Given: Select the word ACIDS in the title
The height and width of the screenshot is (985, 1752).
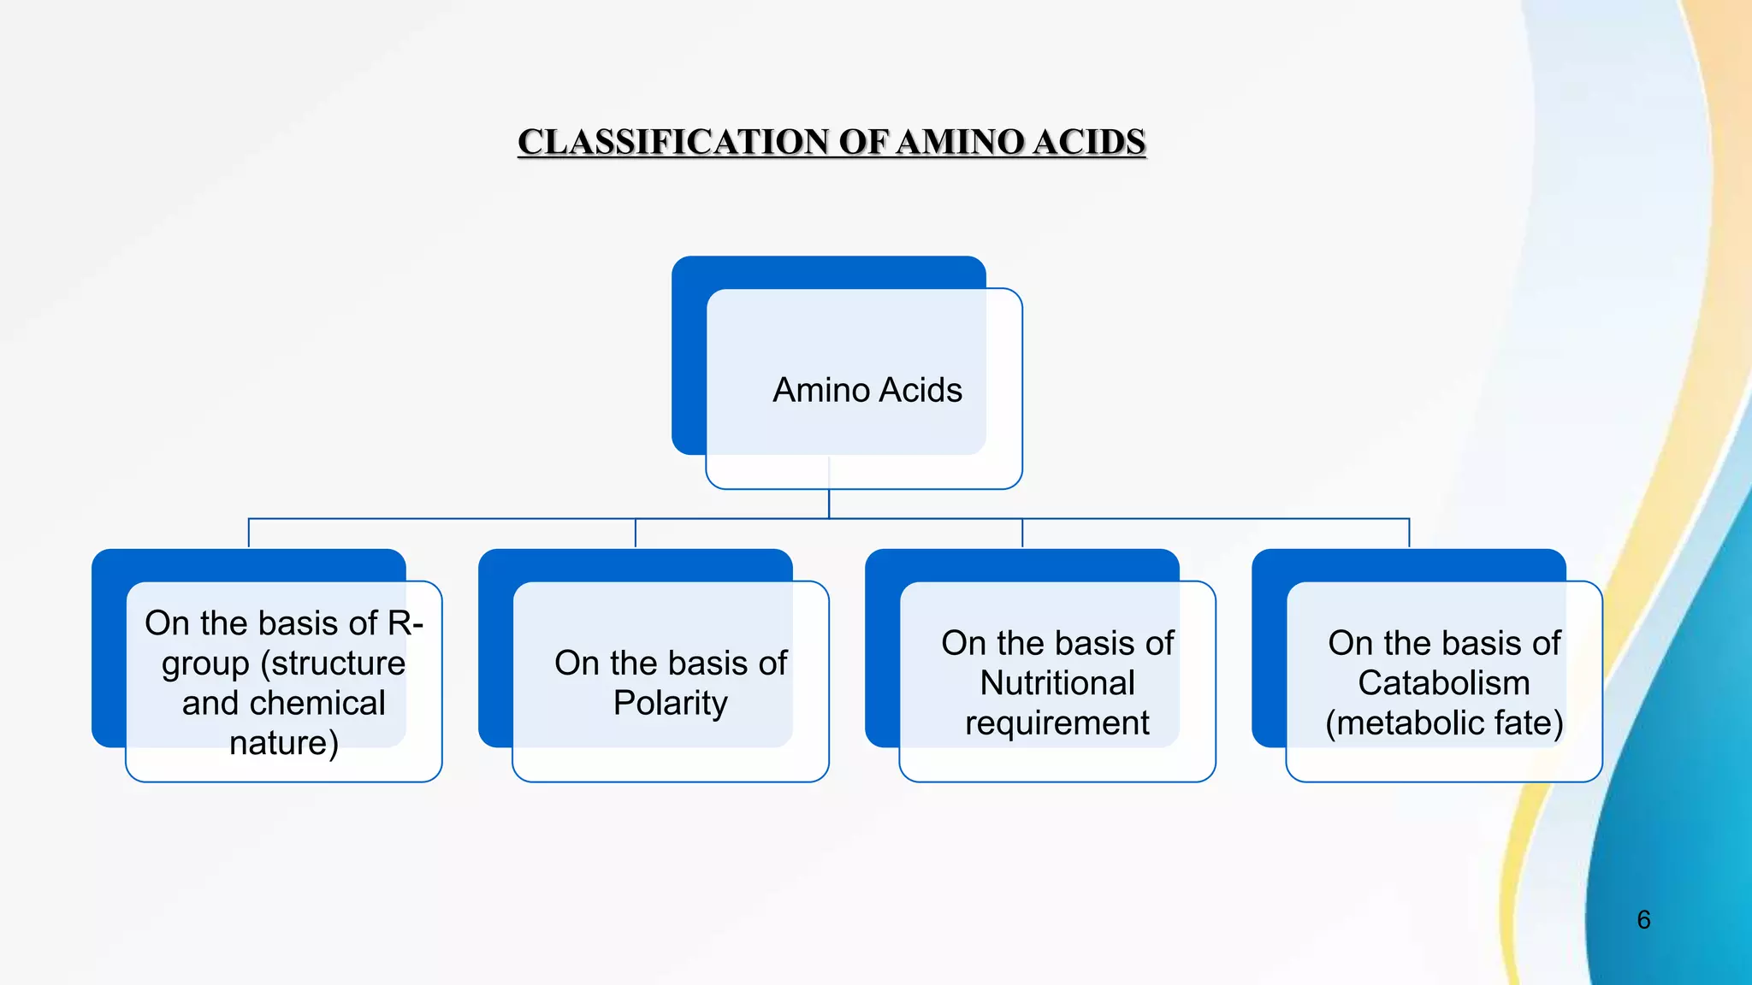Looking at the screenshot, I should click(x=1088, y=142).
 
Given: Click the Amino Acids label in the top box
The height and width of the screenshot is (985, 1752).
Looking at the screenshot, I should click(x=867, y=390).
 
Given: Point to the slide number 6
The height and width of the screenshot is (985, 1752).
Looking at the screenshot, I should click(x=1643, y=920).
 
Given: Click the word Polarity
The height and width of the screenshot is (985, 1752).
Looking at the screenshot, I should click(x=670, y=703).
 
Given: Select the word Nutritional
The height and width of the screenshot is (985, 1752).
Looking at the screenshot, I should click(x=1057, y=683).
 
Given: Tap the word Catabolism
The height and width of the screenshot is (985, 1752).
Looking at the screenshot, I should click(x=1443, y=683).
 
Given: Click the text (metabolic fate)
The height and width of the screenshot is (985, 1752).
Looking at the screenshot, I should click(x=1443, y=723).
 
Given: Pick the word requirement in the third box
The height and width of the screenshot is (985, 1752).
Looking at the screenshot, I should click(x=1057, y=723).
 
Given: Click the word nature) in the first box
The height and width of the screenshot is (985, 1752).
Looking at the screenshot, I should click(x=284, y=742).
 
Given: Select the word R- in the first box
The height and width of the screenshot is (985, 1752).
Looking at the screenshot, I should click(x=405, y=622).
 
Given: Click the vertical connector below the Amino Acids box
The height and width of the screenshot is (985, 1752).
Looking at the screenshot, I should click(x=829, y=503).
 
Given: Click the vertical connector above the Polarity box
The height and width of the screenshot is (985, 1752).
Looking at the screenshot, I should click(x=636, y=533).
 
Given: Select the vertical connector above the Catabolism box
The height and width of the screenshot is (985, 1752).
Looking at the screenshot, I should click(x=1409, y=533).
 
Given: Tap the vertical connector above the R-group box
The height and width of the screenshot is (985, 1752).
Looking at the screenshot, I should click(x=249, y=533).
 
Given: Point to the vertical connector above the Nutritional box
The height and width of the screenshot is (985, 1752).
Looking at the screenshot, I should click(x=1022, y=533).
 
